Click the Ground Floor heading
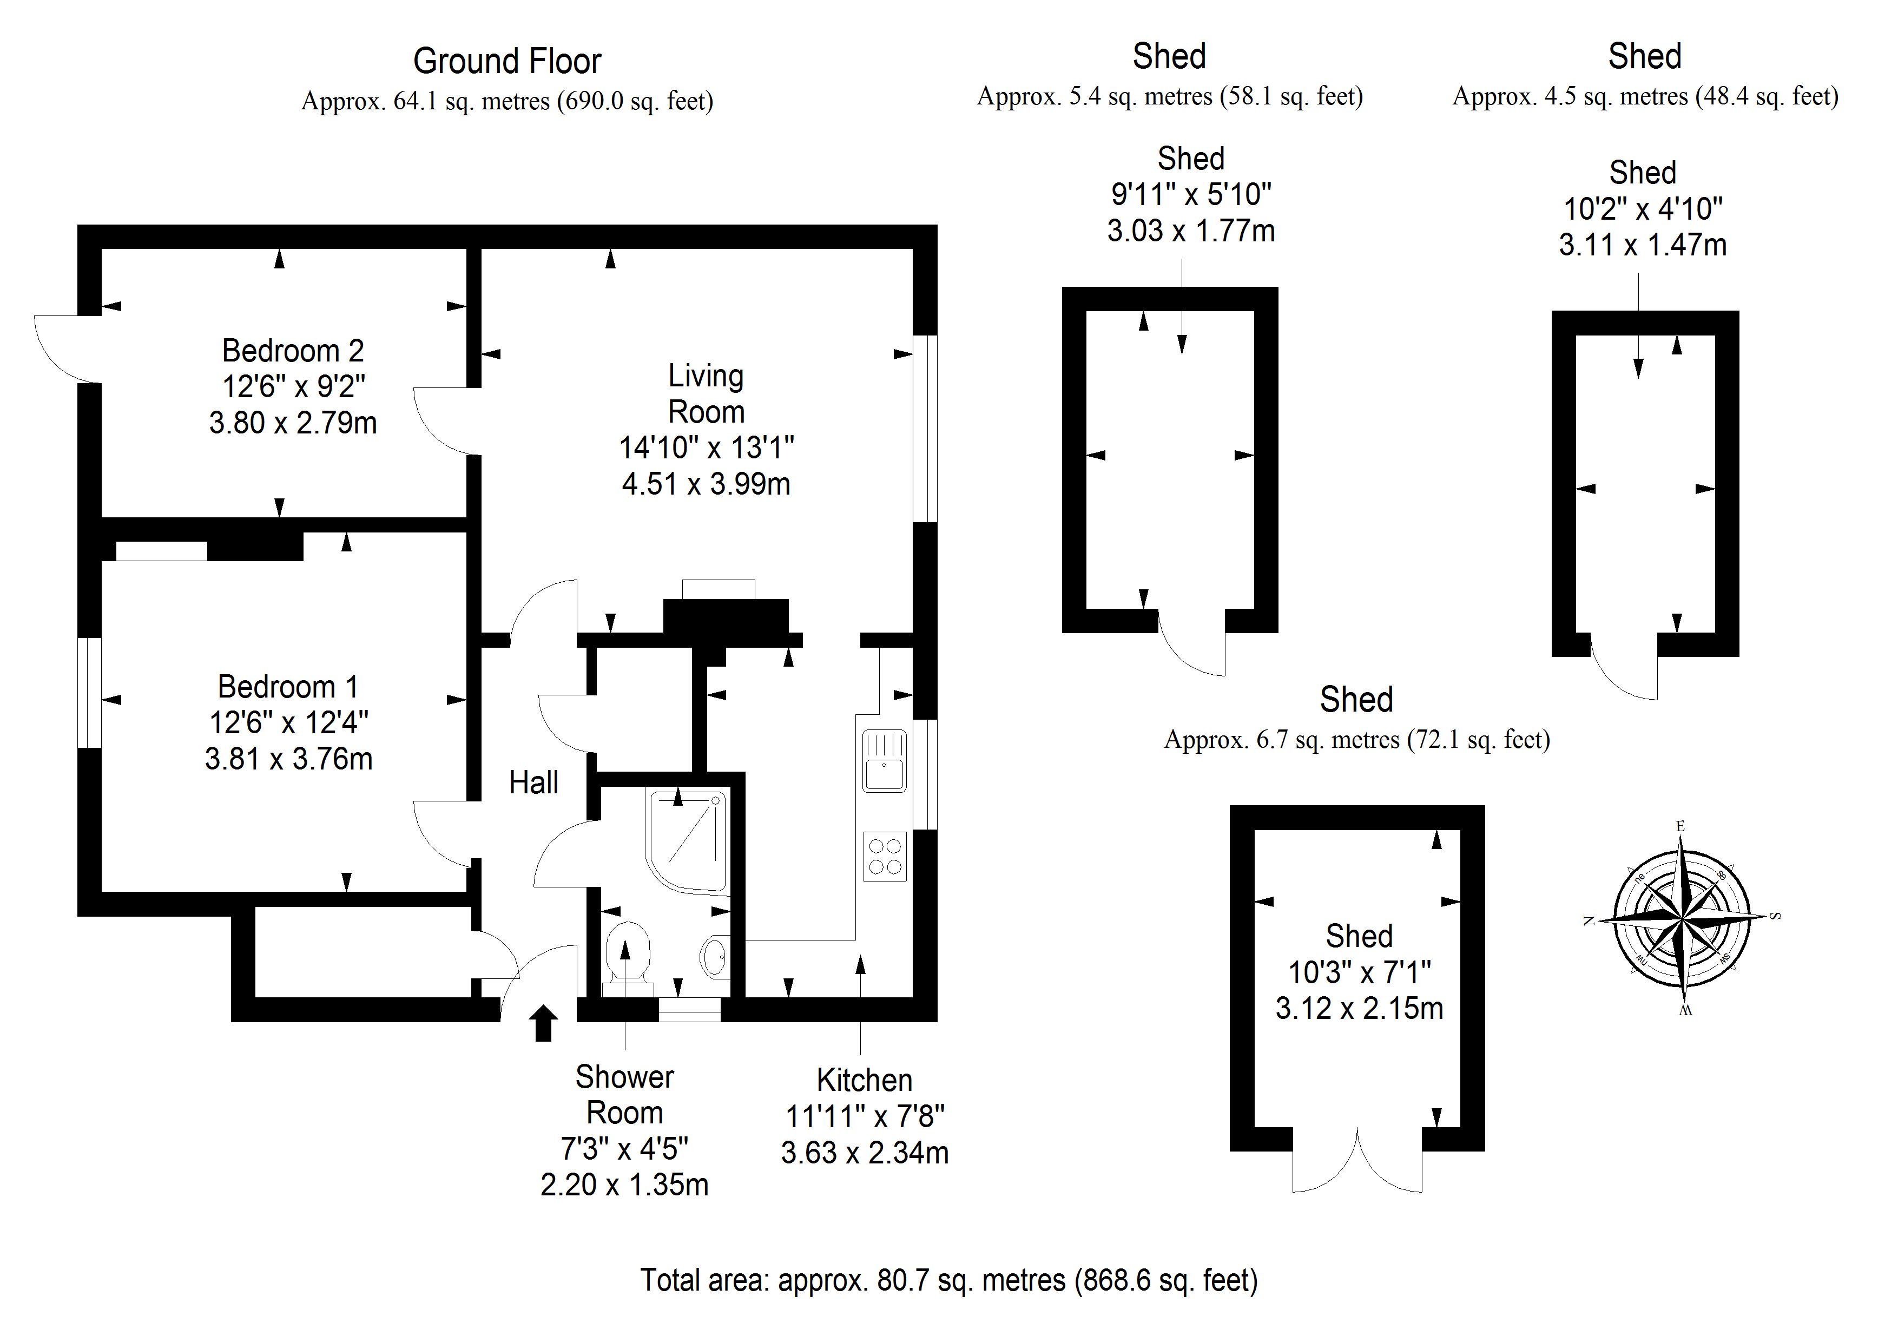coord(507,61)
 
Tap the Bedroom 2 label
coord(293,351)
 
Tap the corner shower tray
coord(686,839)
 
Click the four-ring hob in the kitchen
coord(885,857)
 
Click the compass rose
coord(1682,918)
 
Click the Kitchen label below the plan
coord(864,1080)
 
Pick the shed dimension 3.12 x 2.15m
coord(1359,1008)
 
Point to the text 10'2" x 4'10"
coord(1643,209)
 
